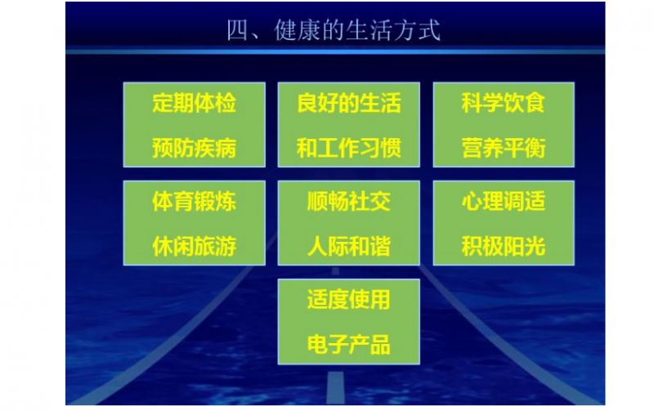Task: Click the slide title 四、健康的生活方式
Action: point(334,30)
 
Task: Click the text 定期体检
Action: point(194,102)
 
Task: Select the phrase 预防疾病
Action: point(194,148)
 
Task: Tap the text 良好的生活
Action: point(349,102)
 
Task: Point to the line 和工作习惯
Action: point(349,148)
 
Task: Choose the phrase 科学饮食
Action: point(504,102)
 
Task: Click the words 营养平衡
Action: point(504,148)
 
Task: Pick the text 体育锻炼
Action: point(194,201)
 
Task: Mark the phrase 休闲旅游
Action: point(194,246)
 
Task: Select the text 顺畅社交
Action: point(349,201)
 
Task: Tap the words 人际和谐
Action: point(349,246)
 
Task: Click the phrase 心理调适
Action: point(504,201)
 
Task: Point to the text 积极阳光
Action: point(504,246)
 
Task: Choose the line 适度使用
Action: point(349,299)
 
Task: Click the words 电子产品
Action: point(349,345)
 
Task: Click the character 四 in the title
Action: point(237,31)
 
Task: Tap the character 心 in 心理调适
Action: point(473,201)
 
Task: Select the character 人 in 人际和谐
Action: point(317,246)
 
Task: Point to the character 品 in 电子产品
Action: point(380,345)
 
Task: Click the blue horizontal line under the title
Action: point(335,51)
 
